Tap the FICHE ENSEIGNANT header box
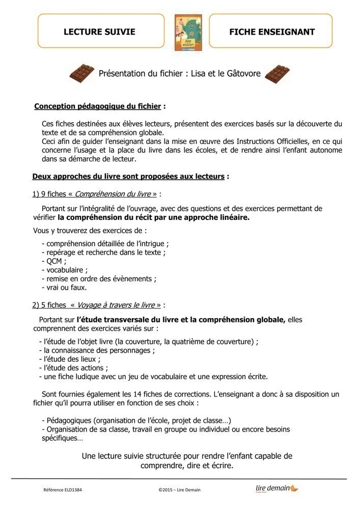click(271, 32)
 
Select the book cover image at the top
click(187, 32)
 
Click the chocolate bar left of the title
click(81, 73)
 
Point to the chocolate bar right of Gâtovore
click(278, 74)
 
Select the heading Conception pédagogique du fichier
click(98, 106)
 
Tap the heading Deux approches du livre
click(128, 177)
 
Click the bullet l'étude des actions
click(73, 367)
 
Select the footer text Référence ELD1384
click(63, 490)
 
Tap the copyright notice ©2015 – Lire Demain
click(180, 490)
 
